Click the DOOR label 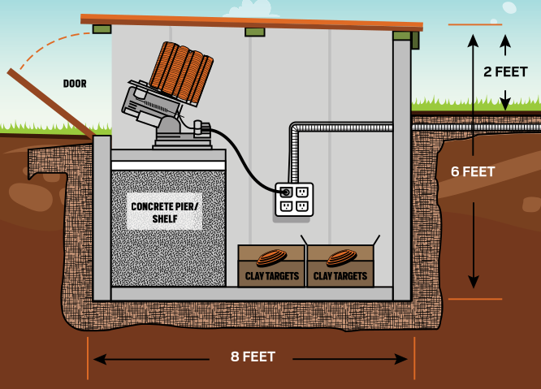pyautogui.click(x=75, y=84)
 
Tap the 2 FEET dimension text pyautogui.click(x=505, y=71)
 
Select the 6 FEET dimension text pyautogui.click(x=473, y=171)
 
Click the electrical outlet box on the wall pyautogui.click(x=294, y=200)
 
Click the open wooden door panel pyautogui.click(x=50, y=103)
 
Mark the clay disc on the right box pyautogui.click(x=340, y=257)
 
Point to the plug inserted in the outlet pyautogui.click(x=285, y=192)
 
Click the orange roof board pyautogui.click(x=252, y=21)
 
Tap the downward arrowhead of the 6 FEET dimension pyautogui.click(x=473, y=283)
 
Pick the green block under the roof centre pyautogui.click(x=254, y=32)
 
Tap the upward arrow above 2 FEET pyautogui.click(x=505, y=41)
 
